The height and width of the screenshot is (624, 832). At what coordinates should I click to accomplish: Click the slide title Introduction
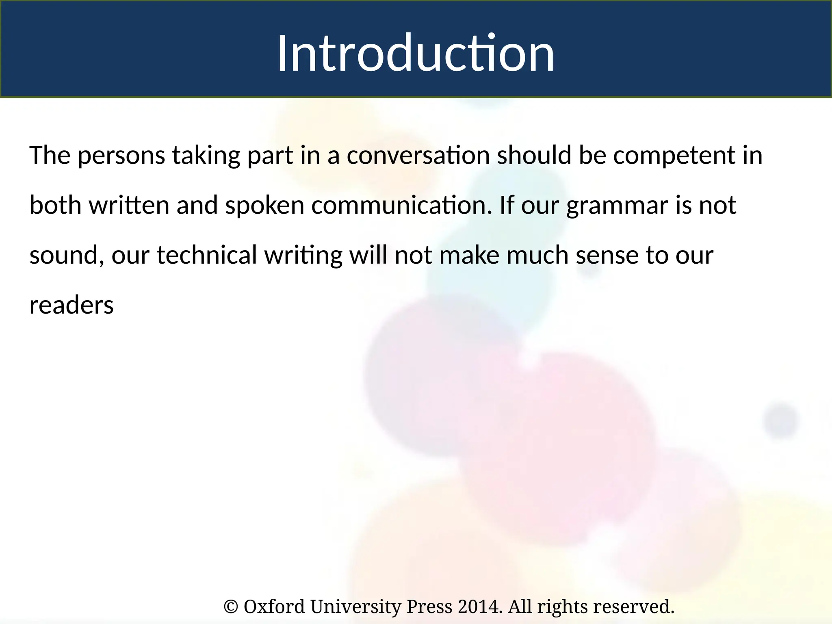tap(416, 53)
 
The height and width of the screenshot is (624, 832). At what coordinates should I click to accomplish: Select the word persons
tap(121, 156)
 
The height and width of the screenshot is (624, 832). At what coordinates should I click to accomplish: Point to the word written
tap(129, 205)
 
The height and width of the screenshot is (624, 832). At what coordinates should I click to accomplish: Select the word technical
tap(207, 255)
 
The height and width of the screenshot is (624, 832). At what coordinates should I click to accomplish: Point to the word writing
tap(303, 256)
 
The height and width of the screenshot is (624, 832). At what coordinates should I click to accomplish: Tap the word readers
tap(71, 305)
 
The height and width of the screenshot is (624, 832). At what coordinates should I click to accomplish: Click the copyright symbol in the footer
tap(230, 607)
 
